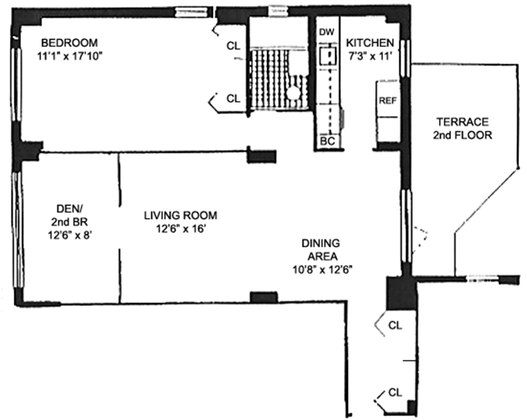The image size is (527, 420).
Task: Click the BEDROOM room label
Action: point(69,43)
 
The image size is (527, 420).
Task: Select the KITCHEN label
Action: point(370,43)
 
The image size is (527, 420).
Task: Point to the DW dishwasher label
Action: point(327,32)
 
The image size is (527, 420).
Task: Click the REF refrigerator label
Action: point(388,101)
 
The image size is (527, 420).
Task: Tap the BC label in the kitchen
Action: point(328,141)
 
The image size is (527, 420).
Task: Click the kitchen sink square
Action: point(328,56)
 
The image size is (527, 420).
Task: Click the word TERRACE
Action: point(463,122)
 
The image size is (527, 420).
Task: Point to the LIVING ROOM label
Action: point(181,215)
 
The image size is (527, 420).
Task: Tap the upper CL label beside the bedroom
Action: point(233,46)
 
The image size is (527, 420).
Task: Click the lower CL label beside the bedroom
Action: point(233,98)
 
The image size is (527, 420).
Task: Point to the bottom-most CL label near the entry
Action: point(395,393)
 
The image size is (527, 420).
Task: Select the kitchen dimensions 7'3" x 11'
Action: point(370,56)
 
